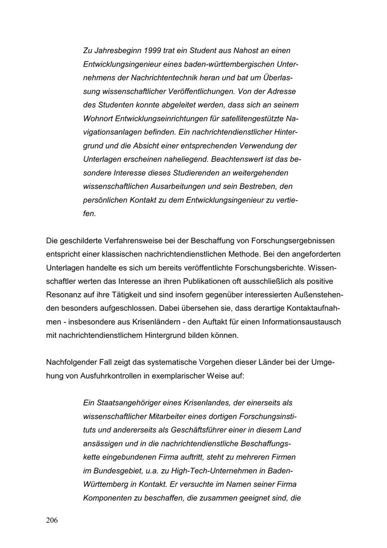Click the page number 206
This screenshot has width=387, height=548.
[x=52, y=520]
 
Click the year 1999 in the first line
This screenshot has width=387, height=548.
[x=153, y=51]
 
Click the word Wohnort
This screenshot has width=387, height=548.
[x=98, y=119]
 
